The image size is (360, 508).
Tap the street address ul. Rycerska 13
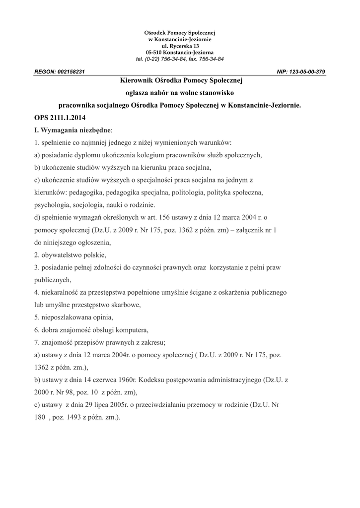coord(180,46)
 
